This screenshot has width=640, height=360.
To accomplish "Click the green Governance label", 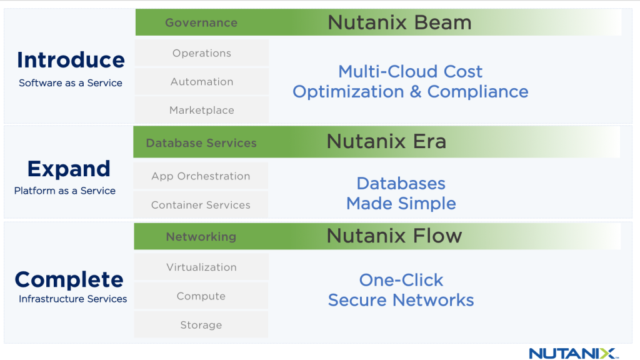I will [201, 23].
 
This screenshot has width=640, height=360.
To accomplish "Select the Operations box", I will [202, 53].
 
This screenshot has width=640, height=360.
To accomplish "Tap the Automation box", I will [202, 82].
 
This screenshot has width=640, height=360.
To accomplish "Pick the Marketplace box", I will [202, 111].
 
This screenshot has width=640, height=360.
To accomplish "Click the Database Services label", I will [201, 143].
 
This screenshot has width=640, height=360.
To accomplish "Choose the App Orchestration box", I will [201, 176].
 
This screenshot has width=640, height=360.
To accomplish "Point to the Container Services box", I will [201, 205].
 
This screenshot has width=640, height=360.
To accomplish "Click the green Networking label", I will [201, 237].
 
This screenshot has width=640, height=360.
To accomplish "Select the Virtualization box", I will [201, 267].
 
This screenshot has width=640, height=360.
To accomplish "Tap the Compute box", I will [201, 296].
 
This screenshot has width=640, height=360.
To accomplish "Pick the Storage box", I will [201, 325].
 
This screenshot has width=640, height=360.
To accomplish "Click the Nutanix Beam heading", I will [399, 23].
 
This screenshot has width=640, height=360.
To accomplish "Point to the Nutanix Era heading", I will [386, 142].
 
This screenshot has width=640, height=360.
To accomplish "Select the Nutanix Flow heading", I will [394, 236].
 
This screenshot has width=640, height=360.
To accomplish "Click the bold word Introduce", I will [71, 60].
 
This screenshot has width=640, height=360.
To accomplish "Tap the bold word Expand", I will [69, 169].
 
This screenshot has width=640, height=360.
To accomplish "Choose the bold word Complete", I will [69, 279].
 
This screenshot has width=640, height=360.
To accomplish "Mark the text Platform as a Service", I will [65, 191].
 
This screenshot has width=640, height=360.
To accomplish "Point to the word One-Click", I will [401, 280].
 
